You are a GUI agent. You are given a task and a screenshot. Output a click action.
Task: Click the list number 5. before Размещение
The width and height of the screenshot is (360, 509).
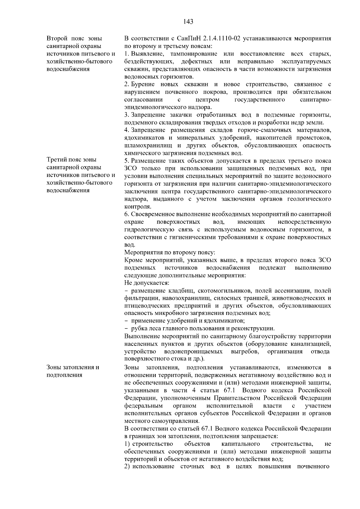point(126,161)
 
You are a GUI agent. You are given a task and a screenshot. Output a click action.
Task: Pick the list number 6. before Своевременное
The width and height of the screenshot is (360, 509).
point(126,214)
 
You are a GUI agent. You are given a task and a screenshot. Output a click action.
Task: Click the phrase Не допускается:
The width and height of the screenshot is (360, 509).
point(147,283)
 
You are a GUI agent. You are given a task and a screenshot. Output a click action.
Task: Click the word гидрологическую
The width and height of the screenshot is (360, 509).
point(148,230)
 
